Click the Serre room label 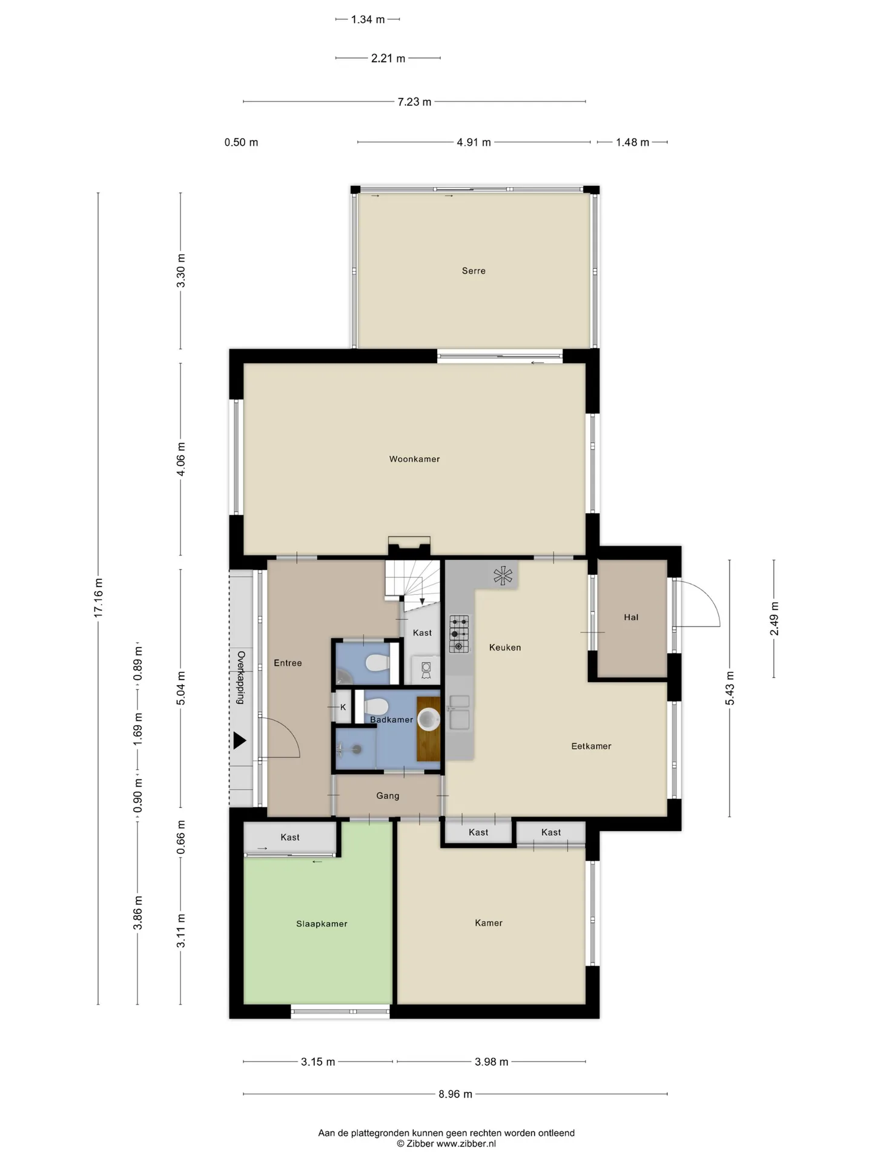474,271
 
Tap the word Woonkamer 414,459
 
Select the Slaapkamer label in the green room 322,924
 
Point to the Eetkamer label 591,746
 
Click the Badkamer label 392,720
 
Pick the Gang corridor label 388,796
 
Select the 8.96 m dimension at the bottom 455,1094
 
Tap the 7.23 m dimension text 414,102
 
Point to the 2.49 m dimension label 774,619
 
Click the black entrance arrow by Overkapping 240,740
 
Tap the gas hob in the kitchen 459,634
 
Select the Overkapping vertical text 240,677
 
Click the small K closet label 343,707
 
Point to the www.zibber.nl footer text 466,1144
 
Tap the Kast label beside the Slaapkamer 290,838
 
